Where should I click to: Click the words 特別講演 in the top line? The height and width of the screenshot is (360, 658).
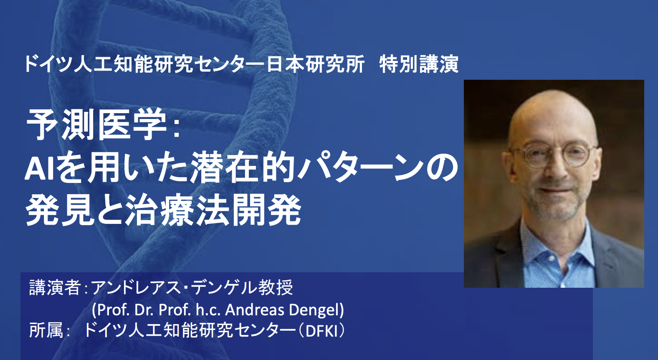[x=419, y=64]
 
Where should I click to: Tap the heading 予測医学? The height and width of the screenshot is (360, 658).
[x=97, y=125]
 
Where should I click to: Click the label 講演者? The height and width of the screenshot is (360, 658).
[x=55, y=288]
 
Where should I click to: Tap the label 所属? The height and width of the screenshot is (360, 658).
[x=46, y=330]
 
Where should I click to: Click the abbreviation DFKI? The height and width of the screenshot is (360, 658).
[x=322, y=331]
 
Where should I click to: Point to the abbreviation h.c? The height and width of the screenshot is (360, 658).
[x=208, y=310]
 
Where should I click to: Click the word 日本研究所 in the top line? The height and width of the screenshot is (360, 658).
[x=315, y=64]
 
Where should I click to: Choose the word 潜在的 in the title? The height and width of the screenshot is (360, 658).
[x=243, y=168]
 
